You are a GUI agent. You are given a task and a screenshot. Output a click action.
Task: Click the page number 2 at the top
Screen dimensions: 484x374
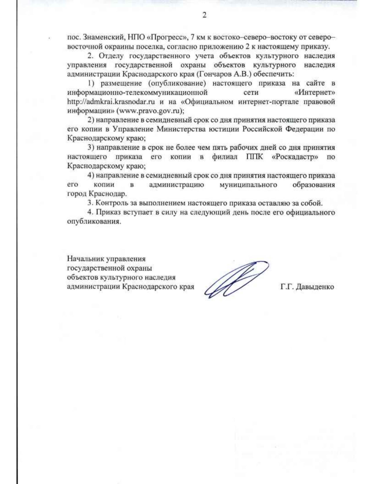pyautogui.click(x=204, y=15)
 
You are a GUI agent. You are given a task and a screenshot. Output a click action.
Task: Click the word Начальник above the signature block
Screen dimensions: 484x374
pyautogui.click(x=85, y=259)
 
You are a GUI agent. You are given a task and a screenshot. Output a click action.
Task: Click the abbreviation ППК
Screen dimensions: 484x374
pyautogui.click(x=254, y=157)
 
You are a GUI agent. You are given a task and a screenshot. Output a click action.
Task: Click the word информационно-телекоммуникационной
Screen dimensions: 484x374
pyautogui.click(x=137, y=93)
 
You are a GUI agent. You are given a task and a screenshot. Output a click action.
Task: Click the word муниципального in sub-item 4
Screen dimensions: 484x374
pyautogui.click(x=248, y=185)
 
